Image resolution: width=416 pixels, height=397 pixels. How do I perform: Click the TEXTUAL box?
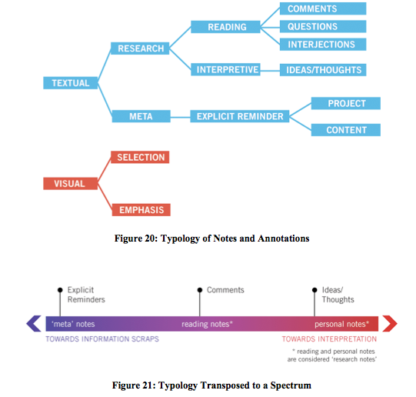point(70,83)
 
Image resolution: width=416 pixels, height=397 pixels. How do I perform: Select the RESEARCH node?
point(140,48)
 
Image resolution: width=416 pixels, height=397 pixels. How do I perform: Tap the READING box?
point(225,27)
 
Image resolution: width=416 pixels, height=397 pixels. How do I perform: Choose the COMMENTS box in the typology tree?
point(323,8)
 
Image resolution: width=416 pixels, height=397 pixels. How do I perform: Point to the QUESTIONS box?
point(323,26)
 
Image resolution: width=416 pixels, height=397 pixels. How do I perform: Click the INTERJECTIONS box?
point(323,45)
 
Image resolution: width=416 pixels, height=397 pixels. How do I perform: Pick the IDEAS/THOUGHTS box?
point(323,70)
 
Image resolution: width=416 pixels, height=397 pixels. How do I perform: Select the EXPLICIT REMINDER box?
point(240,116)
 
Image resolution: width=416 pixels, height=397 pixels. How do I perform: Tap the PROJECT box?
point(346,103)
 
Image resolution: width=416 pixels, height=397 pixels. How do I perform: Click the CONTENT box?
point(346,130)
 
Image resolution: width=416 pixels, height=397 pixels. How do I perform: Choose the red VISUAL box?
point(70,183)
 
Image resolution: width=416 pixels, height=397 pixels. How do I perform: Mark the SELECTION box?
point(140,157)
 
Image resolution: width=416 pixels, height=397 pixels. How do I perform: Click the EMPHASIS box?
point(141,210)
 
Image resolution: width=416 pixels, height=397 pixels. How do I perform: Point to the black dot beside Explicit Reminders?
point(60,290)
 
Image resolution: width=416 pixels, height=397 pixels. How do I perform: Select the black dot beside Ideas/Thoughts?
point(314,290)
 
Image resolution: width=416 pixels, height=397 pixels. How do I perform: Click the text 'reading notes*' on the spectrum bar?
point(207,324)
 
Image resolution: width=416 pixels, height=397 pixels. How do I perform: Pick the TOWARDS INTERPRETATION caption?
point(329,339)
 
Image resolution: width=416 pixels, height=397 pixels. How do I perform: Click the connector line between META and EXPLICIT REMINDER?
point(181,117)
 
